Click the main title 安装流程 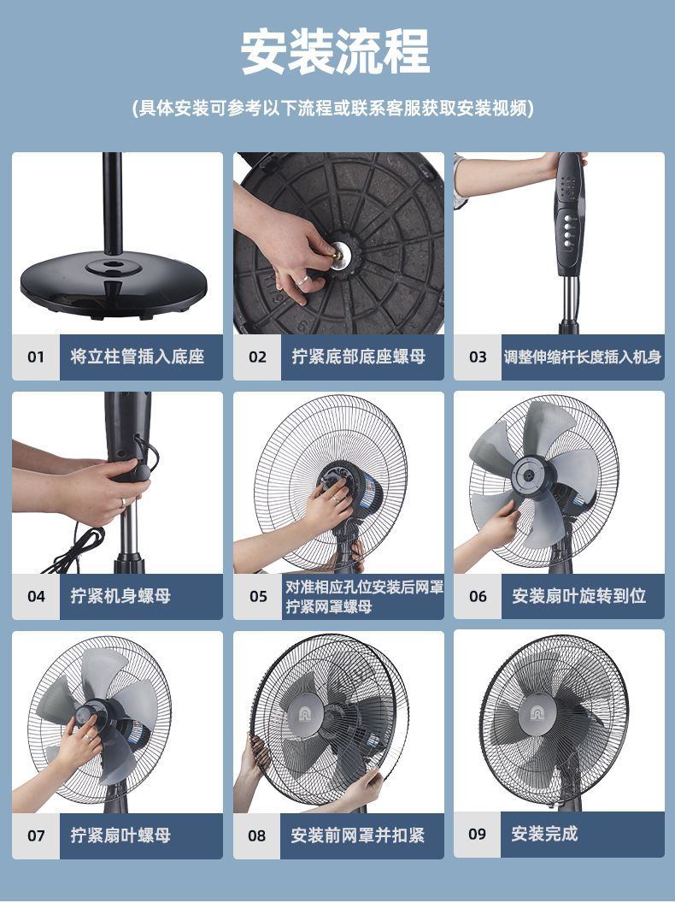[x=336, y=52]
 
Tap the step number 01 [x=36, y=357]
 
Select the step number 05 [x=258, y=596]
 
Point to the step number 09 [x=477, y=834]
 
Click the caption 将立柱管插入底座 [x=138, y=357]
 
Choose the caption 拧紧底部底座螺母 [x=359, y=357]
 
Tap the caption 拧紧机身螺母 [x=120, y=595]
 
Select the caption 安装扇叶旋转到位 [x=579, y=595]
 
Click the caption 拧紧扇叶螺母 [x=120, y=835]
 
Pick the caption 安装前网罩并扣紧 [x=357, y=835]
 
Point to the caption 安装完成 [x=544, y=834]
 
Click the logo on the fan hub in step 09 [x=540, y=714]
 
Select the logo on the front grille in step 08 [x=304, y=714]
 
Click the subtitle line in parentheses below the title [x=333, y=108]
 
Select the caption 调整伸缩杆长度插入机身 [x=583, y=357]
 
